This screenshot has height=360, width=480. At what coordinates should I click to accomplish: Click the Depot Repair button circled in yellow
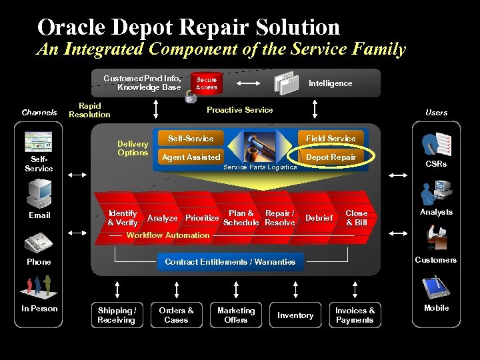pos(331,157)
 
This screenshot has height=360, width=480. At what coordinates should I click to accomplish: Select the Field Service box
pos(331,139)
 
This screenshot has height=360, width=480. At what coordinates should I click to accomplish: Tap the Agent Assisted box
pos(191,157)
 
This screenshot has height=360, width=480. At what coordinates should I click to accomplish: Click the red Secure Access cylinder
pos(206,83)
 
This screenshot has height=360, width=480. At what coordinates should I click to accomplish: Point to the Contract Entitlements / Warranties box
pos(230,262)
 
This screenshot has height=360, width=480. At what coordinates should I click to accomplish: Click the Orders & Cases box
pos(177,315)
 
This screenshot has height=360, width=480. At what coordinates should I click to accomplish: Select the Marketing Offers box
pos(236,315)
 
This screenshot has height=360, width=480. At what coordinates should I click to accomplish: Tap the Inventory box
pos(295,315)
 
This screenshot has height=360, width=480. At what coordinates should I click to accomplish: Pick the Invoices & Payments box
pos(355,315)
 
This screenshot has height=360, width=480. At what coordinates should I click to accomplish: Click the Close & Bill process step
pos(357,217)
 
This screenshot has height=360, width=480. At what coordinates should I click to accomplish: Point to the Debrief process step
pos(319,218)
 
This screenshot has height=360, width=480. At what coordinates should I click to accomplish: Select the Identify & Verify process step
pos(122,217)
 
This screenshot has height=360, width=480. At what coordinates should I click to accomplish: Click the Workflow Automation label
pos(168,235)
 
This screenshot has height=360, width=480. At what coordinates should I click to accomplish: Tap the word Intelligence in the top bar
pos(330,83)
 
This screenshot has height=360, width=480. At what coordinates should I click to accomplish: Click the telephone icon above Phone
pos(39,241)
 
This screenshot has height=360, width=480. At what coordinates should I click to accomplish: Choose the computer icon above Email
pos(39,193)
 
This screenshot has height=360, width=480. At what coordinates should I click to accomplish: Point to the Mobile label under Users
pos(436,308)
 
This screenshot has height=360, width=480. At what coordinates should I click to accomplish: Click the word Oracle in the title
pos(72,27)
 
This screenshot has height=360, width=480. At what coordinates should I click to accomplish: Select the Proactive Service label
pos(240,110)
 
